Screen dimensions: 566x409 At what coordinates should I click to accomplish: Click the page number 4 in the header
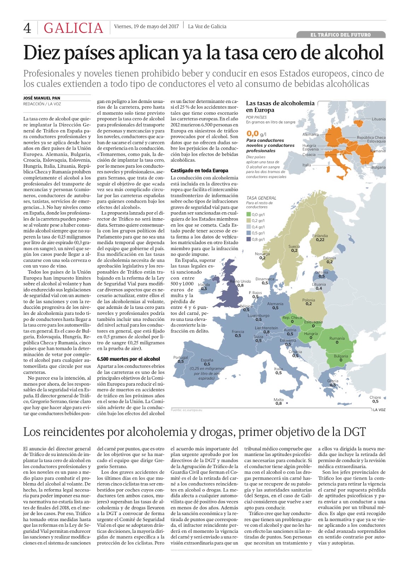27,28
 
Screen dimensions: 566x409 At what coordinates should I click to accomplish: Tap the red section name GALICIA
73,28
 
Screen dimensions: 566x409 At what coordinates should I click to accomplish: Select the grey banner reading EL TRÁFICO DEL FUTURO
340,35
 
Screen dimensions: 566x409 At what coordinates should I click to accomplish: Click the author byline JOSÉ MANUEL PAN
42,98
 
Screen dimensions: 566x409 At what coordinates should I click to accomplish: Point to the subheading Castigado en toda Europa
199,171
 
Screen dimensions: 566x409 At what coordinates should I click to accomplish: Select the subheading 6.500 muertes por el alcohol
128,359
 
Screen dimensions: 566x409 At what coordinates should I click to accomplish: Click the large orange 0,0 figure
252,133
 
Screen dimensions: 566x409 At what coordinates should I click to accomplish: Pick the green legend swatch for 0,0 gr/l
249,214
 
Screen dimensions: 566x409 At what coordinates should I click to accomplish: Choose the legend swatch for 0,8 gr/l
249,239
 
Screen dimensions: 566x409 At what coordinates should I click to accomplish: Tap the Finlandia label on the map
320,236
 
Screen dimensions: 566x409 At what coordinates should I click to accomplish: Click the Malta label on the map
279,400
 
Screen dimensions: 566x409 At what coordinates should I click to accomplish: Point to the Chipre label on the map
375,397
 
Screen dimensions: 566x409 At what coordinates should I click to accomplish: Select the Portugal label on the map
181,357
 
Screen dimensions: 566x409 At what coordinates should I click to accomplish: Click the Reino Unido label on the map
240,281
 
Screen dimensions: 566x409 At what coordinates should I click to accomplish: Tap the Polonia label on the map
309,300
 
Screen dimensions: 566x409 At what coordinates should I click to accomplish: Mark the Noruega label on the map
262,254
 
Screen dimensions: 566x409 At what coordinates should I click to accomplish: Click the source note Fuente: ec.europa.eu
186,410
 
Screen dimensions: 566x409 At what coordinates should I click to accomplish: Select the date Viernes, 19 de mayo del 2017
146,26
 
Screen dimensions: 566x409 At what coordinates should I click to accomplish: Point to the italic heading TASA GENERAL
261,198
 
